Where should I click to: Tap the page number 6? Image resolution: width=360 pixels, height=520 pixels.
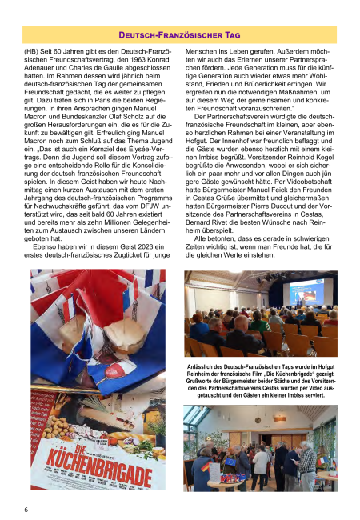26,508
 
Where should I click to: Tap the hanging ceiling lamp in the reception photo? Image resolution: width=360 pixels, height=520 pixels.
278,417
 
